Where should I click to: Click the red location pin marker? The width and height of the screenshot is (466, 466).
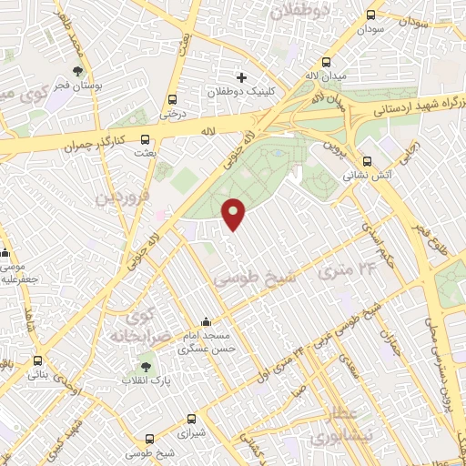point(235,213)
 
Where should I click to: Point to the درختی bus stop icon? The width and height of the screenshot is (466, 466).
point(172,100)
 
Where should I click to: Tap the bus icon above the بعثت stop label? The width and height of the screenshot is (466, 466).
point(146,138)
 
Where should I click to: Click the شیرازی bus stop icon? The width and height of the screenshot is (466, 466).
point(191,420)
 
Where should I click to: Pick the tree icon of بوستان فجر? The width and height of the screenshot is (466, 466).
point(79,71)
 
